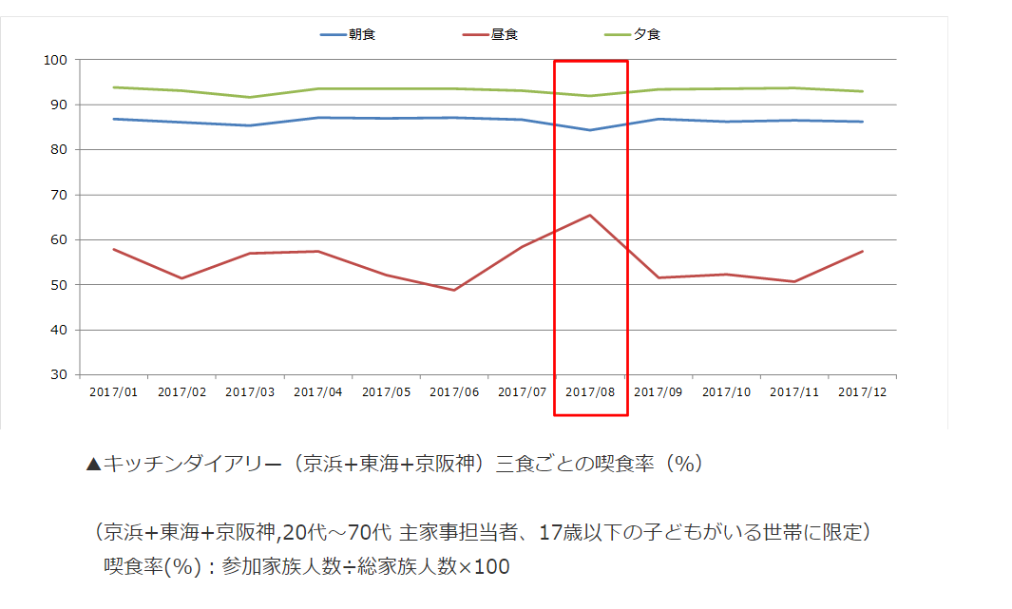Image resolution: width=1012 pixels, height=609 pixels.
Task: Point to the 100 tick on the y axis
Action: point(55,60)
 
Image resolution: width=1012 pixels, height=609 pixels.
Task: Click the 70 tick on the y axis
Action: point(59,195)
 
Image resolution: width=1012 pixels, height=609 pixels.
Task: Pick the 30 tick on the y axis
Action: point(59,375)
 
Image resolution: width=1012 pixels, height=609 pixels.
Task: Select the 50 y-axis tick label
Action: point(59,285)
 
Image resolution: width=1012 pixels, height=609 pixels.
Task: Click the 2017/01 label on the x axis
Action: point(113,391)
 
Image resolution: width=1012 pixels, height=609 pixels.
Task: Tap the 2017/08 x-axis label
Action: point(590,391)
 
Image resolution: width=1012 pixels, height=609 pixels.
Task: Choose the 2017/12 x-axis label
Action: point(863,391)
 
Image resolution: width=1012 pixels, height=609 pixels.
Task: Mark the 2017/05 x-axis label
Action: point(386,391)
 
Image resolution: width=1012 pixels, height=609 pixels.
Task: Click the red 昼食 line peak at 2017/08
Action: point(590,215)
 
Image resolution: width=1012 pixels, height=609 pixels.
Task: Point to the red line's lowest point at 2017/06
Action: point(454,290)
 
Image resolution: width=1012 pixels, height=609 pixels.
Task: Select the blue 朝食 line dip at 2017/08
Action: point(590,130)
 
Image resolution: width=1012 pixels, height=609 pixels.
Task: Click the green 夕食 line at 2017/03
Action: point(250,97)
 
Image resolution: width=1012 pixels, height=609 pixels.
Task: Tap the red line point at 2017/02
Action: point(181,278)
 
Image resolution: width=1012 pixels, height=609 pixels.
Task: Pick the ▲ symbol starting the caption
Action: point(93,465)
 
